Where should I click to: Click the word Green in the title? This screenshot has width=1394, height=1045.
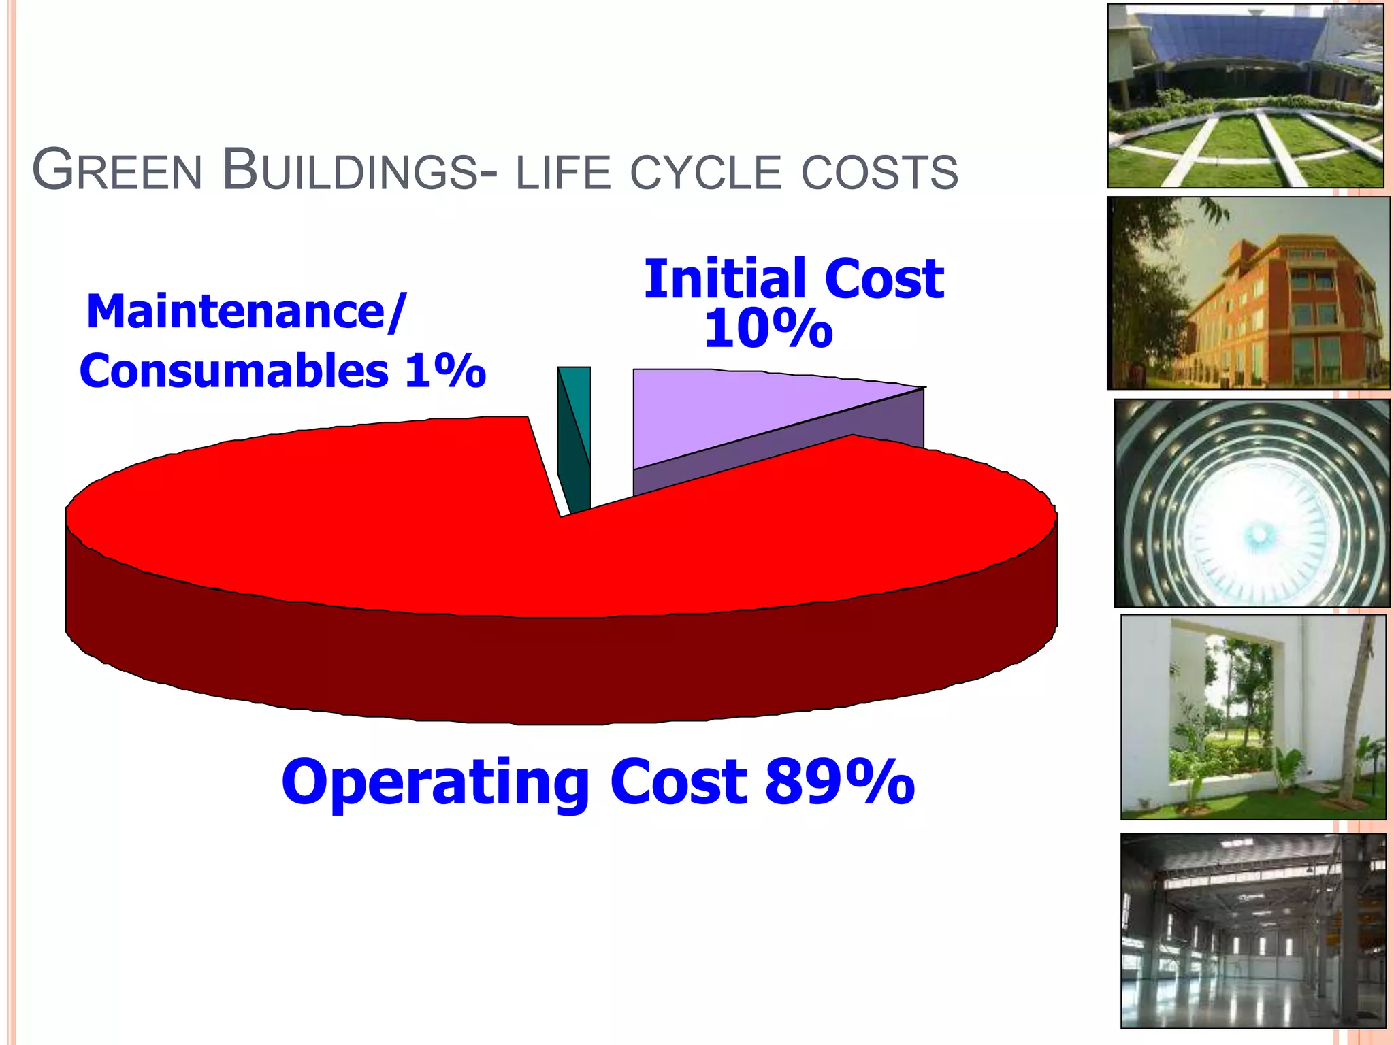[117, 170]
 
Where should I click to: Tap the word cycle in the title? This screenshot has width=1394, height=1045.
[706, 173]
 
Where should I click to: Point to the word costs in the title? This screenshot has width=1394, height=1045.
[879, 173]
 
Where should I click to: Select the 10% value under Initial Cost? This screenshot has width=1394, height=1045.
[768, 329]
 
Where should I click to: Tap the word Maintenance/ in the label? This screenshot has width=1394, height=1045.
[246, 312]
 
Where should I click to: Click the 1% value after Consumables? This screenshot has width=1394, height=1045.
[445, 371]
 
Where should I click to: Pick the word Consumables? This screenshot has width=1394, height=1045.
[234, 371]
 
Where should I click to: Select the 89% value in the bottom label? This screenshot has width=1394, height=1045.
[840, 782]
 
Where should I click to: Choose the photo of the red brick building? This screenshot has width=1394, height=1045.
[1248, 293]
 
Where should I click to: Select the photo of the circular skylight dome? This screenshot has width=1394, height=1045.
[1251, 503]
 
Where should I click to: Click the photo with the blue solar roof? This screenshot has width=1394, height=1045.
[1245, 96]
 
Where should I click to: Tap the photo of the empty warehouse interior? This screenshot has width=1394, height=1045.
[1252, 930]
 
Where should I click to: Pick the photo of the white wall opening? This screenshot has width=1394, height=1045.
[1252, 717]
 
